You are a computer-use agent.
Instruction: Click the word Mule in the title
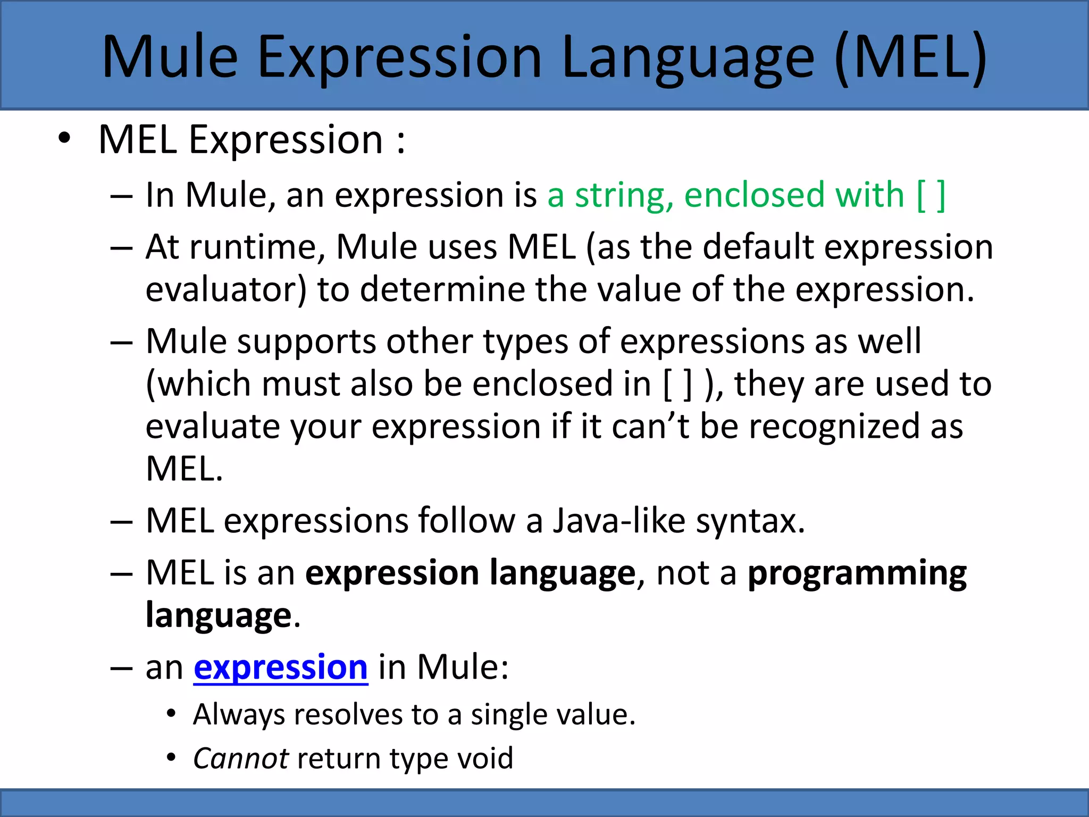click(x=170, y=57)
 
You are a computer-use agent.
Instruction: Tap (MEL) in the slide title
click(x=910, y=57)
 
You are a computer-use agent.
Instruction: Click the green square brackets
click(x=931, y=195)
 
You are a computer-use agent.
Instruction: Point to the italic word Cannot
click(x=241, y=758)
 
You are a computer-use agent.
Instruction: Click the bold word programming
click(x=857, y=573)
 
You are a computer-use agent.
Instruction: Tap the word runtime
click(x=257, y=247)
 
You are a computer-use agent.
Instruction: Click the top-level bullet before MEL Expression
click(x=64, y=139)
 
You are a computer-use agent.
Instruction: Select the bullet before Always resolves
click(x=171, y=714)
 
